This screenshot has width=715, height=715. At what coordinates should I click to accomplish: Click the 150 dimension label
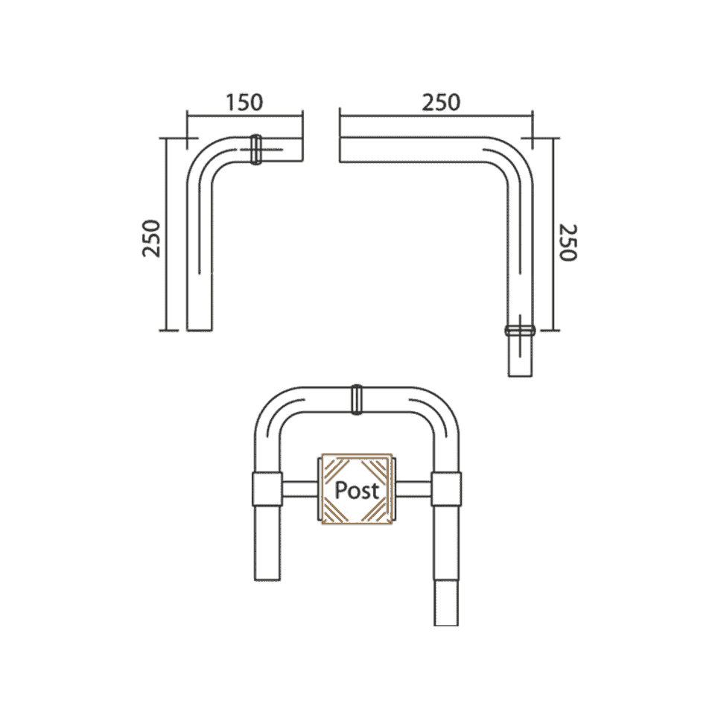(x=245, y=102)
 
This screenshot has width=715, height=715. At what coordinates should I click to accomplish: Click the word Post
(x=357, y=490)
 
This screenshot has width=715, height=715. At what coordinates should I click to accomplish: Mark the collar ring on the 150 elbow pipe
(x=255, y=149)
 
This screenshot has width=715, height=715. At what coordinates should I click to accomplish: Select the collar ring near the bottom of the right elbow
(x=521, y=330)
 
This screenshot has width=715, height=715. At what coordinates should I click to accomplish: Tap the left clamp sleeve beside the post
(x=267, y=489)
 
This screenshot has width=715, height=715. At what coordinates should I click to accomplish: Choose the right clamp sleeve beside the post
(x=447, y=489)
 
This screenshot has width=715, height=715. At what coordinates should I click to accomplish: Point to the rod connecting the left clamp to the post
(x=300, y=489)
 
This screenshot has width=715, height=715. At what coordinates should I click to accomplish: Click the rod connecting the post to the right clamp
(x=413, y=489)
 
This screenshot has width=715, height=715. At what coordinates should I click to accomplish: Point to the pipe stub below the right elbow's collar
(x=521, y=357)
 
